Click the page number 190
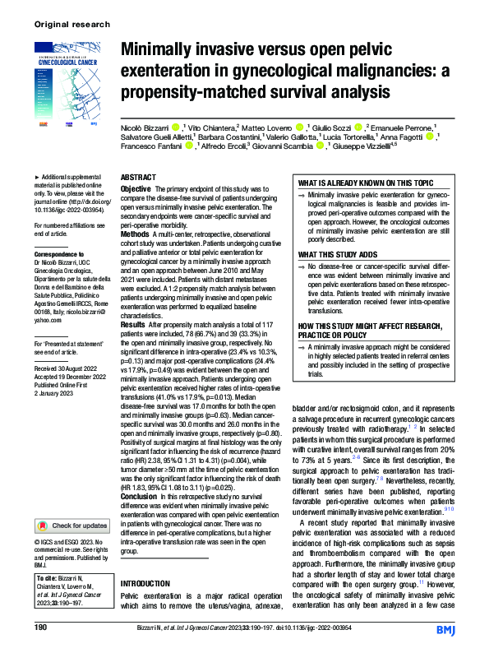click(40, 628)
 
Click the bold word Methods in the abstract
click(135, 233)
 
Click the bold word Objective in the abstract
click(136, 189)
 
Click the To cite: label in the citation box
click(51, 577)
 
